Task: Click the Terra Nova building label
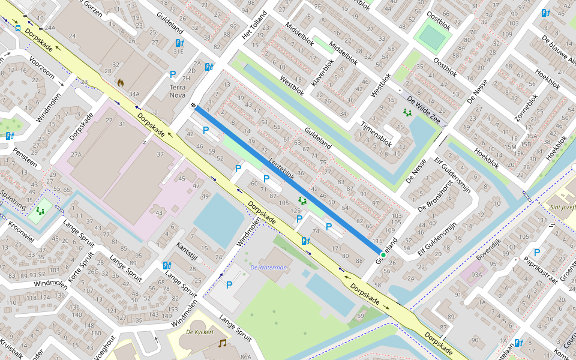[178, 91]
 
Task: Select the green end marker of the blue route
[383, 255]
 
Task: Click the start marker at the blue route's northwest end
[194, 106]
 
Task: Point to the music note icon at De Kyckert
[223, 343]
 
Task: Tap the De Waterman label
[268, 268]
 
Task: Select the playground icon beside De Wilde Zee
[408, 112]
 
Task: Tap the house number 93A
[476, 275]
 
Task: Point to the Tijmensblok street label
[376, 134]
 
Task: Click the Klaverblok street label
[323, 73]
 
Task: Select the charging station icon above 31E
[179, 43]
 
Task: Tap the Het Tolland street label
[253, 26]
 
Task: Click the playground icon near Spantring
[40, 211]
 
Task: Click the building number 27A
[76, 154]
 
